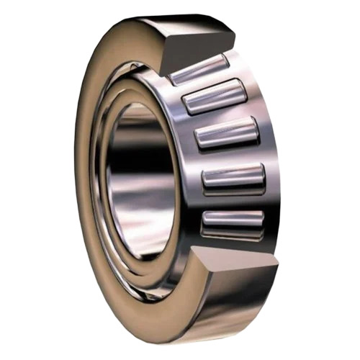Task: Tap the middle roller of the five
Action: pos(226,134)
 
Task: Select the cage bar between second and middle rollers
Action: pos(220,116)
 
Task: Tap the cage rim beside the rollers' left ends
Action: pos(189,166)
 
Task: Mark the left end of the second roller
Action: pos(186,102)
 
